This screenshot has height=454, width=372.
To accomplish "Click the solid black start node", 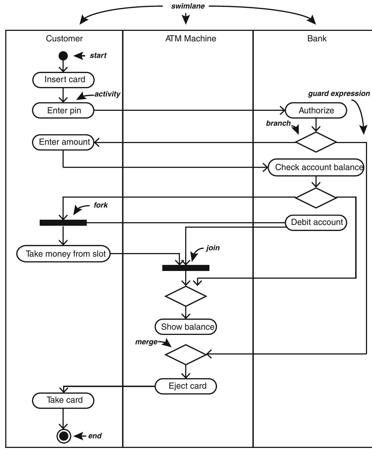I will [x=63, y=56].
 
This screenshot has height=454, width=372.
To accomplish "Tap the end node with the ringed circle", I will [x=64, y=436].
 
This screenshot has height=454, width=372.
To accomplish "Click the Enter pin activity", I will [x=63, y=111].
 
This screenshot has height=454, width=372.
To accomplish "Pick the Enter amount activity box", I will [x=63, y=142].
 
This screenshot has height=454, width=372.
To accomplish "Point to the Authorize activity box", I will [x=316, y=111].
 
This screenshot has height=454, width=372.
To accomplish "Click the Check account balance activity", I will [x=316, y=167].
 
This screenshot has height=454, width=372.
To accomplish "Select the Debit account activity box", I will [x=316, y=222].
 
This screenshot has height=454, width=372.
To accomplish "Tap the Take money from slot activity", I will [x=63, y=254].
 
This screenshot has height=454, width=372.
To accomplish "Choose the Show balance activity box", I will [x=186, y=327].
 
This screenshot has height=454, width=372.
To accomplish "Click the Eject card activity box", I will [x=186, y=386].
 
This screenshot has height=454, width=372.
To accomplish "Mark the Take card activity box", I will [x=63, y=400].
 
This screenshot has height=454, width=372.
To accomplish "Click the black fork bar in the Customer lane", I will [x=63, y=223].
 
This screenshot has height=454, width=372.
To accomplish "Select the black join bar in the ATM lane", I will [x=186, y=268].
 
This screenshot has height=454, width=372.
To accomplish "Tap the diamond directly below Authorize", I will [x=316, y=142].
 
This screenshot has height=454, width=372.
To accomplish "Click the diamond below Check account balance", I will [x=316, y=198].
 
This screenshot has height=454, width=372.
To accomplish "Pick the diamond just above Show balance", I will [x=186, y=296].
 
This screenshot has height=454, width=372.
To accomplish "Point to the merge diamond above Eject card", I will [x=186, y=354].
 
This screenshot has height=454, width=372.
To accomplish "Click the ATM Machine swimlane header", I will [x=191, y=39].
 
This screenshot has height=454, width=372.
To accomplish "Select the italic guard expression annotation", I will [x=339, y=93].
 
